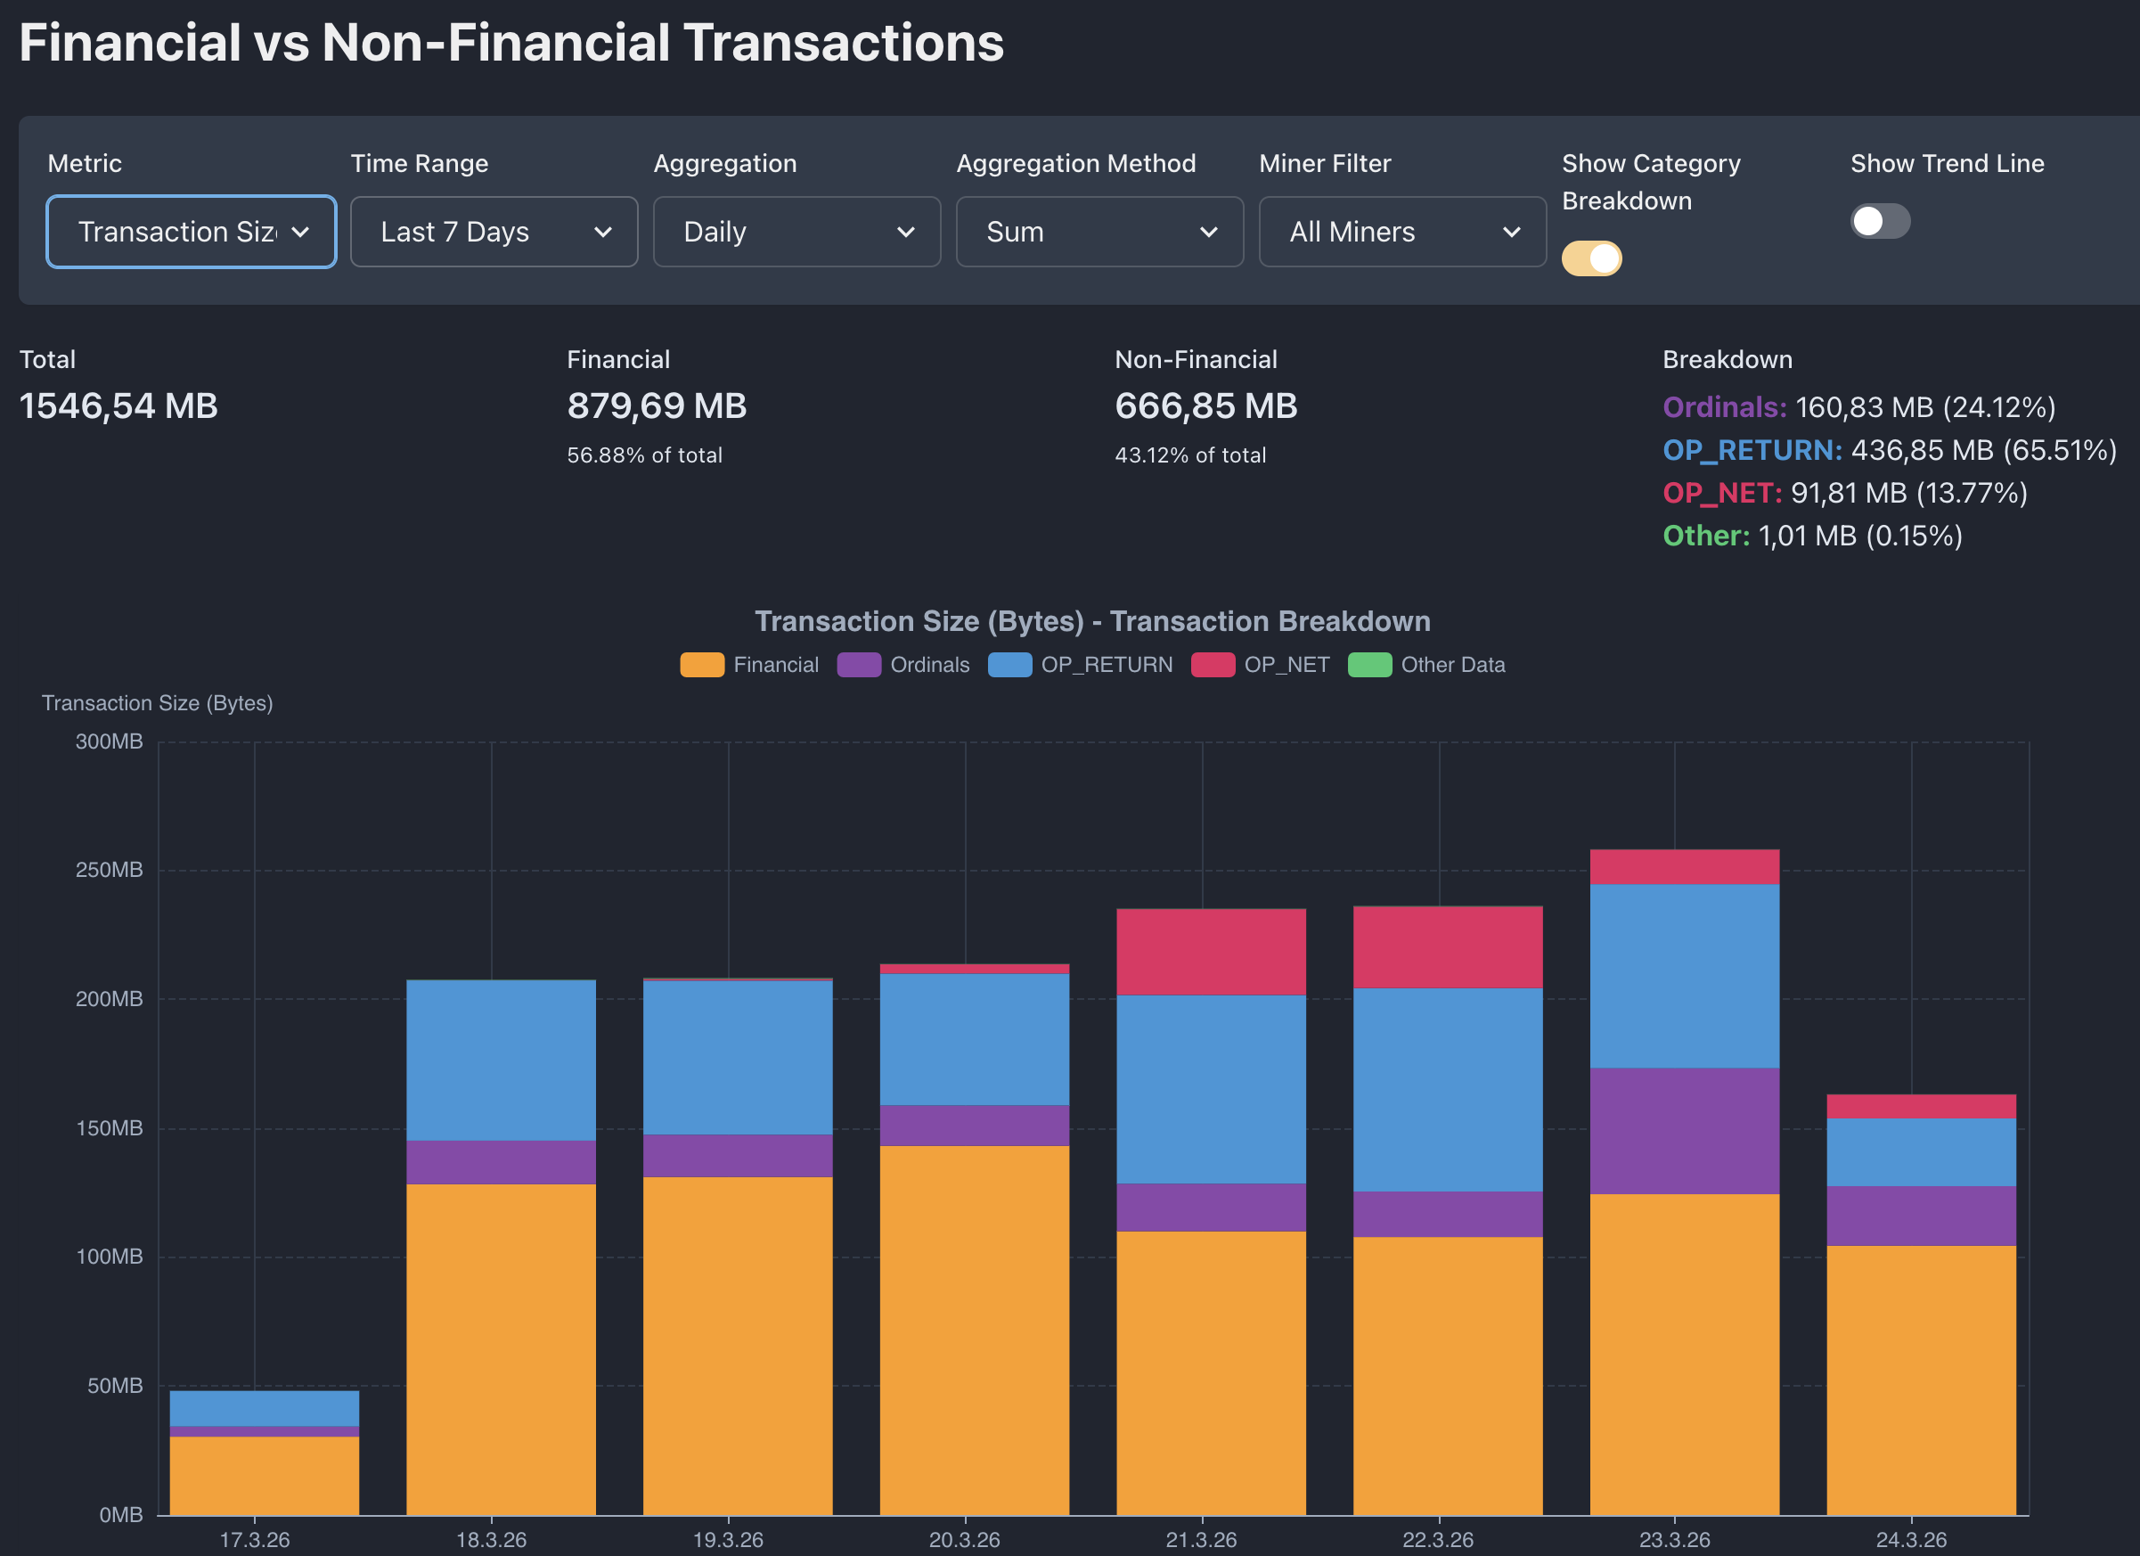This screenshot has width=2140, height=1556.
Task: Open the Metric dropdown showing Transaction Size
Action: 192,232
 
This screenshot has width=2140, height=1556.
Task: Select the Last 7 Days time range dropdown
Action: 494,232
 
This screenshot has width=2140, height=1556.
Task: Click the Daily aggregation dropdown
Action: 796,232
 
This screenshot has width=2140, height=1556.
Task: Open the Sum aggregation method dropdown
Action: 1099,232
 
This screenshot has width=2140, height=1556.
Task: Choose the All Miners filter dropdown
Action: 1402,232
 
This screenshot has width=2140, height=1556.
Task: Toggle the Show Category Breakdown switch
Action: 1592,258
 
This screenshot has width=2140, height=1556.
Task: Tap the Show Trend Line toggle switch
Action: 1880,222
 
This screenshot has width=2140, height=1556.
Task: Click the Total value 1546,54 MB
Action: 118,406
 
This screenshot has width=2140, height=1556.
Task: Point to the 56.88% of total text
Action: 644,455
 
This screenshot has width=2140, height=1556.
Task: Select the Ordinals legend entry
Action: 904,665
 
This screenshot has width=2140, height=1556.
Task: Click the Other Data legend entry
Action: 1426,665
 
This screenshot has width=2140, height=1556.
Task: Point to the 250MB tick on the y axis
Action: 110,870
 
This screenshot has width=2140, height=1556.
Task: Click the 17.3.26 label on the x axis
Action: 255,1540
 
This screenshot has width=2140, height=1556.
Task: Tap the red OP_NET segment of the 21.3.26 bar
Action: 1212,952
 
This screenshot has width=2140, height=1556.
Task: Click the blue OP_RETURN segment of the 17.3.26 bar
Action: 265,1409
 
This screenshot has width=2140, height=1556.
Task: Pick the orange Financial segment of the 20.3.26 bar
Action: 975,1331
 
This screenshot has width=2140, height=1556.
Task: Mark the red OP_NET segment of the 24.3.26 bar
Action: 1921,1107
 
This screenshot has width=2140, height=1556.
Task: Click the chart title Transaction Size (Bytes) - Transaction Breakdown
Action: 1092,622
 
